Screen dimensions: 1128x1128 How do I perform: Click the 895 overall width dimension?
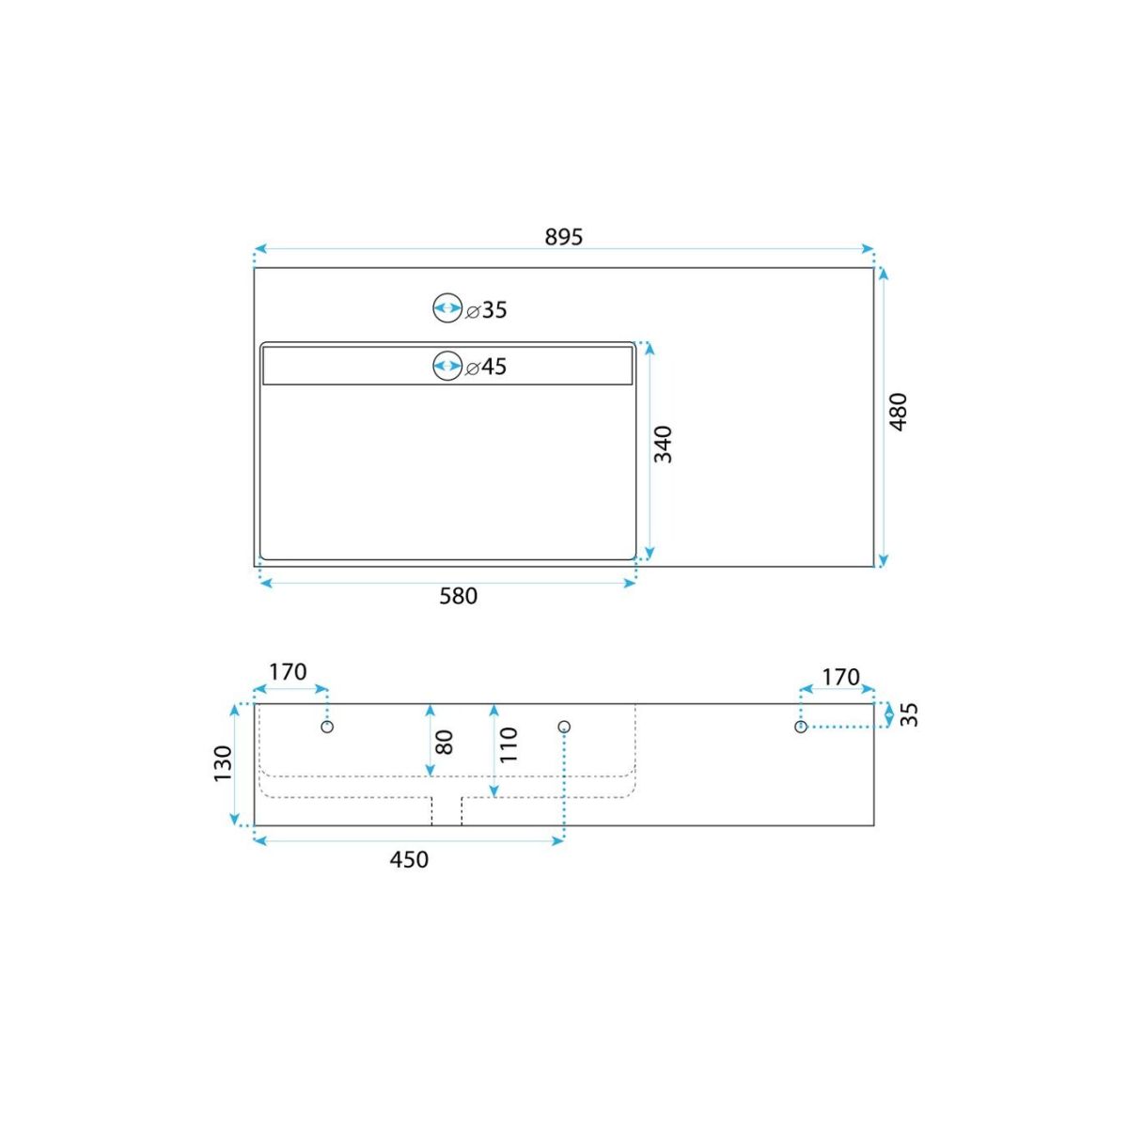click(x=564, y=237)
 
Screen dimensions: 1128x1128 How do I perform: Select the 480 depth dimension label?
click(x=898, y=412)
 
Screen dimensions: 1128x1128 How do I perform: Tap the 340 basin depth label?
click(x=663, y=445)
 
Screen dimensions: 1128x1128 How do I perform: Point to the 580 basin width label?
click(x=459, y=596)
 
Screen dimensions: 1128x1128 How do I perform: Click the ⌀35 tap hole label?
click(x=486, y=309)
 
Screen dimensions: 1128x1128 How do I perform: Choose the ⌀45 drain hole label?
click(x=486, y=367)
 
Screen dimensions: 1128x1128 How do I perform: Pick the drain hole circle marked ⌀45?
click(x=447, y=366)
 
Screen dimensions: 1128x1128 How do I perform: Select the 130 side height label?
click(x=223, y=763)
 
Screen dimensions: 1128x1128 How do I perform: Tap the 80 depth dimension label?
click(x=445, y=743)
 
